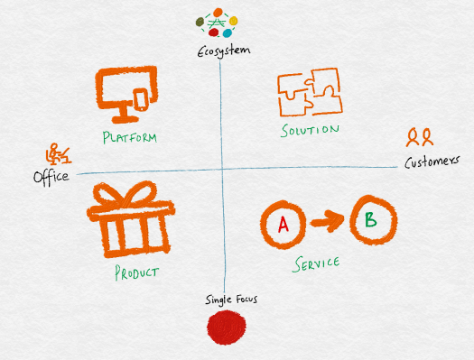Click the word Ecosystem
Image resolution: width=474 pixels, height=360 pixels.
[x=223, y=50]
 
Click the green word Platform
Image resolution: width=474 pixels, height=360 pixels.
[x=130, y=138]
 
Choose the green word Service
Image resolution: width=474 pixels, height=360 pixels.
[x=317, y=263]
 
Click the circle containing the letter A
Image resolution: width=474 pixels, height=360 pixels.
[x=283, y=222]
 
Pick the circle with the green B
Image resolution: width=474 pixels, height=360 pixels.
[x=368, y=219]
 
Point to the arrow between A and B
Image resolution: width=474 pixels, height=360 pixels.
[x=325, y=219]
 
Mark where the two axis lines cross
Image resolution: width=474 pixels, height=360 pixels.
[x=220, y=168]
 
